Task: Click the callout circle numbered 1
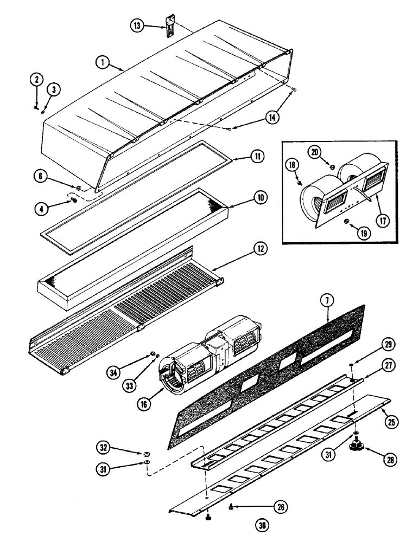coord(101,63)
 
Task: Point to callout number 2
coord(36,80)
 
